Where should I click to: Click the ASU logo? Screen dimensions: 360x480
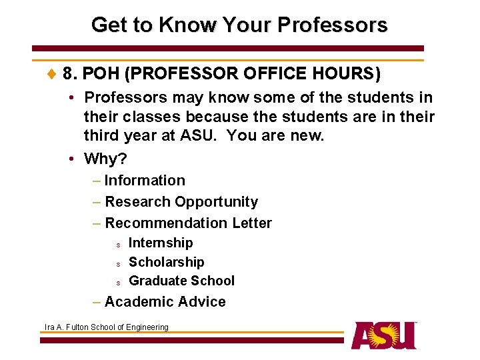(x=384, y=335)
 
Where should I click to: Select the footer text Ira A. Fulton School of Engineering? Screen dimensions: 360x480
(x=106, y=327)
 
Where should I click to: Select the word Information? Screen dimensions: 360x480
(x=145, y=180)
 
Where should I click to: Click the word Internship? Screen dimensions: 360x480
(x=161, y=243)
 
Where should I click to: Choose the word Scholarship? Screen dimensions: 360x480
(x=166, y=262)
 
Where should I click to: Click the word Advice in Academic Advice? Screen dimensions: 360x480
(x=201, y=302)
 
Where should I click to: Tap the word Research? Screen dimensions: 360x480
(x=138, y=201)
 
